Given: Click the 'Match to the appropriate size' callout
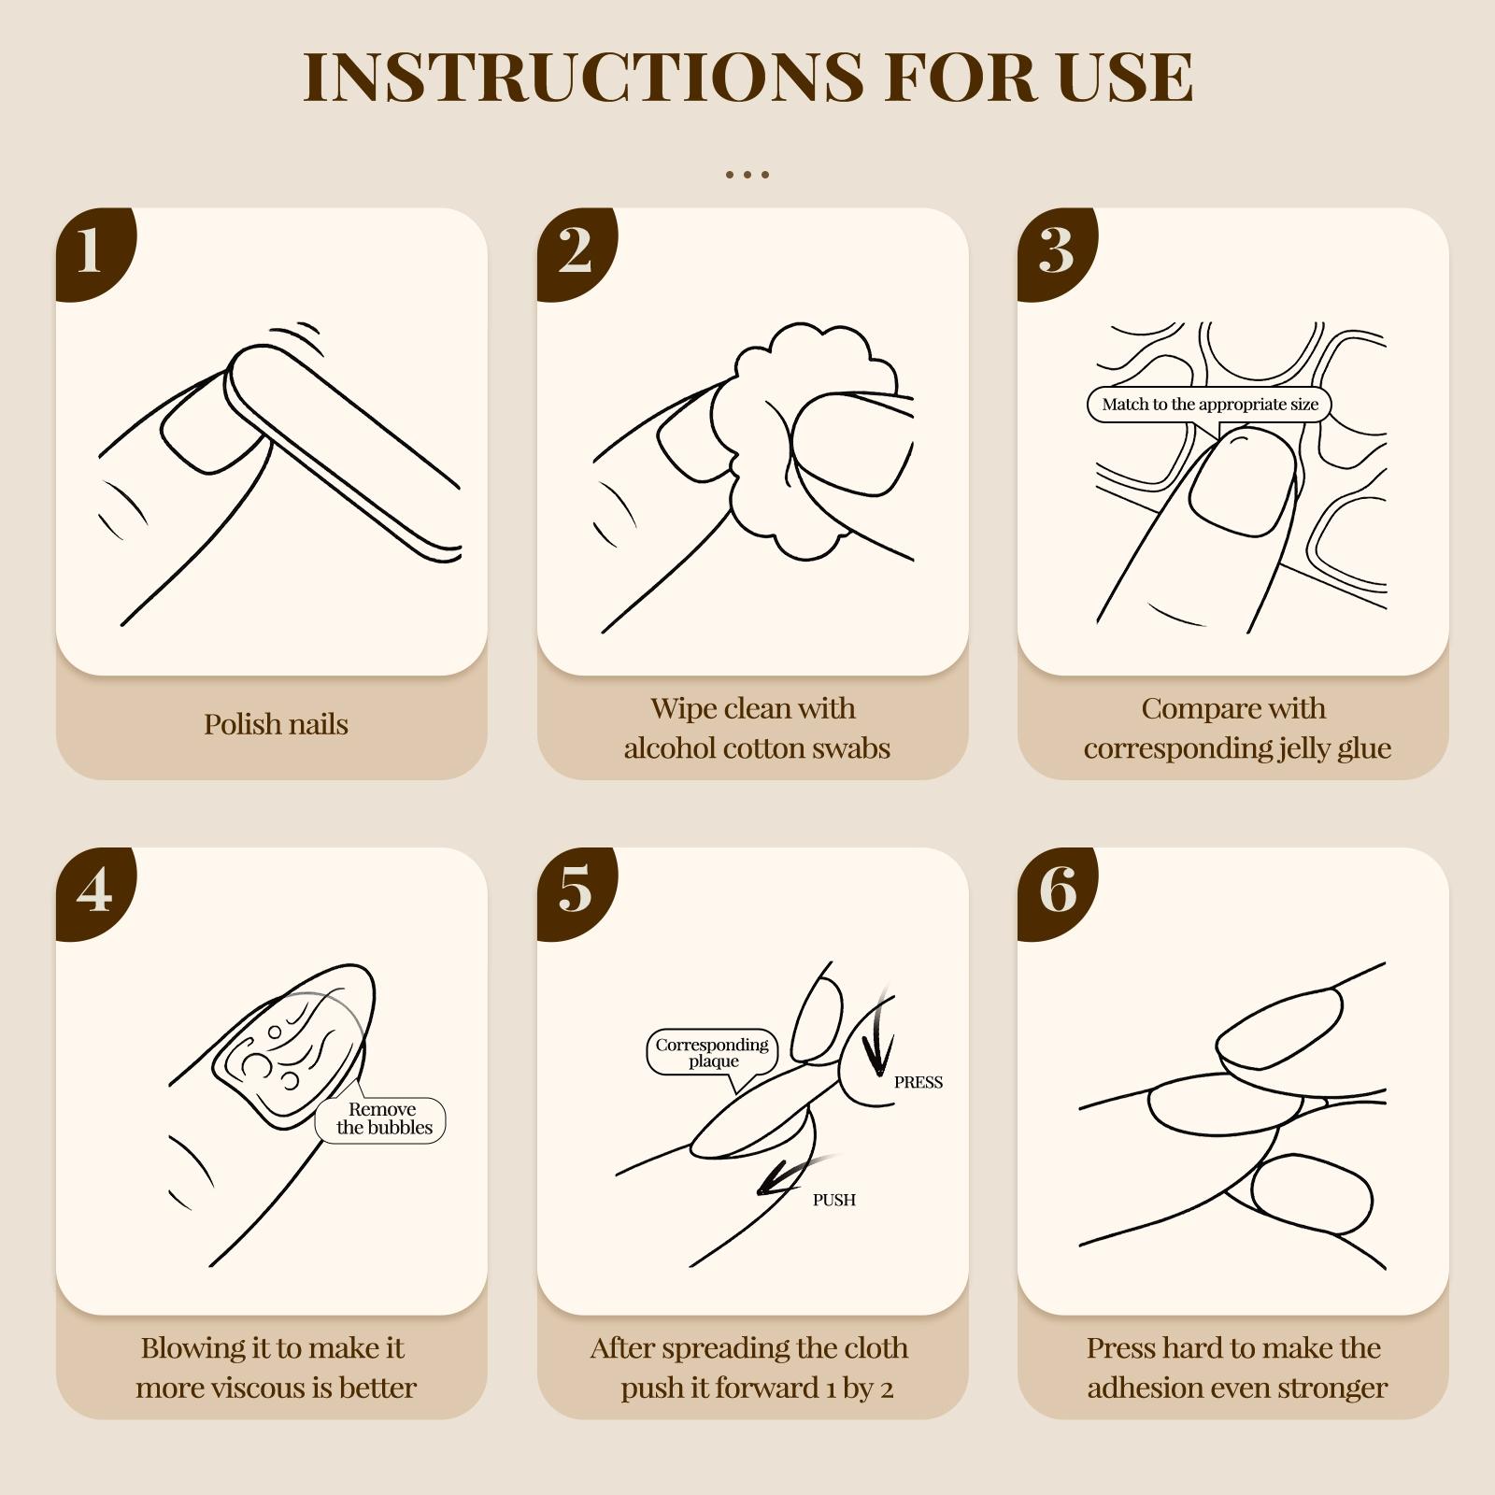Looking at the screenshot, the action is coord(1209,406).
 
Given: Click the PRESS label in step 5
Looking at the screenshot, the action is coord(918,1083).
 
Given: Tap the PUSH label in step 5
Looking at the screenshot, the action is coord(834,1200).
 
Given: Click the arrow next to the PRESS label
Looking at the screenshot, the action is coord(877,1037).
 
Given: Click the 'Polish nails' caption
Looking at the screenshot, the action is coord(276,724).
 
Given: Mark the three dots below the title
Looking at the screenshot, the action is coord(747,175).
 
